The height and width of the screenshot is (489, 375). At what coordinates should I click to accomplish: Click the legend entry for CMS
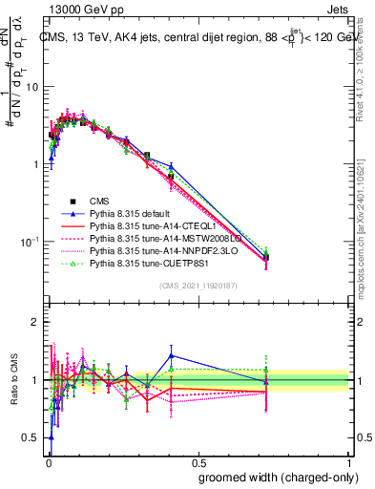[x=100, y=201]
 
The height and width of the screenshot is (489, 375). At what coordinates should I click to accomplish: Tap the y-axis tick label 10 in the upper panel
[x=33, y=87]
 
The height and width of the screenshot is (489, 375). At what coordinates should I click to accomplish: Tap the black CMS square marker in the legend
[x=72, y=201]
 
